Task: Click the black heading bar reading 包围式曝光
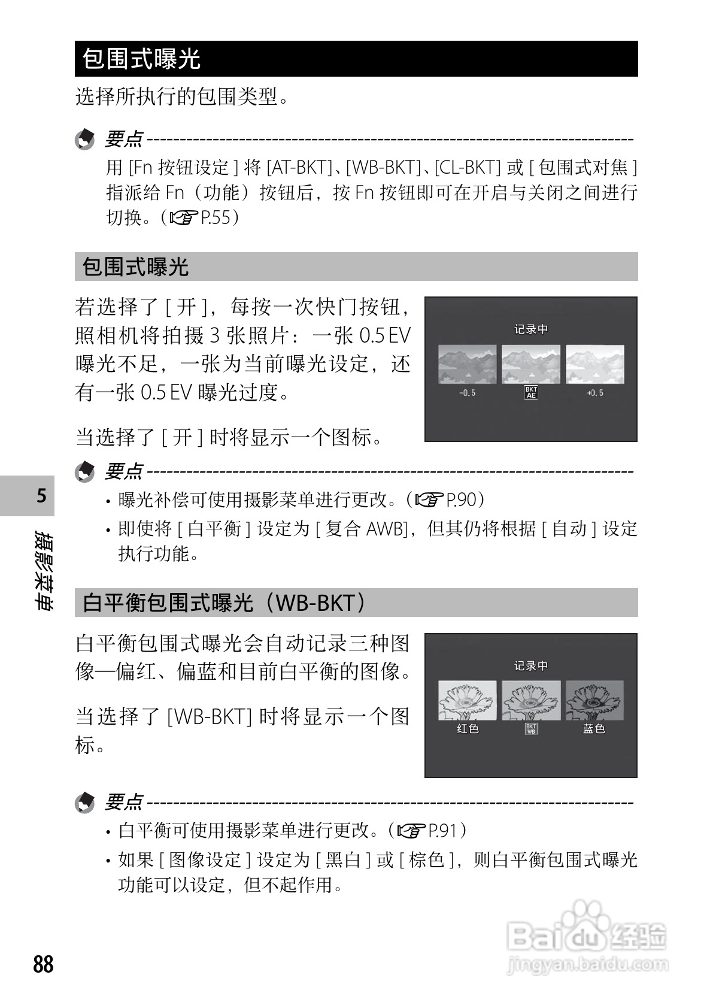pyautogui.click(x=356, y=59)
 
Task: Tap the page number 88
pyautogui.click(x=44, y=964)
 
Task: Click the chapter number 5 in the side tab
pyautogui.click(x=41, y=496)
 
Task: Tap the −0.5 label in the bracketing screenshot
pyautogui.click(x=467, y=393)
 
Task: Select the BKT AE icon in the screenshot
pyautogui.click(x=530, y=393)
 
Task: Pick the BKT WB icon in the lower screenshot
pyautogui.click(x=530, y=729)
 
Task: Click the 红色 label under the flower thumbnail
pyautogui.click(x=468, y=729)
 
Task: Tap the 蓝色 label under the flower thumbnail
pyautogui.click(x=594, y=729)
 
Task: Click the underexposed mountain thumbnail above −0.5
pyautogui.click(x=467, y=364)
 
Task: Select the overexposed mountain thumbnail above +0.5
pyautogui.click(x=594, y=364)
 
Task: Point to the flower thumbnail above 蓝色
pyautogui.click(x=594, y=700)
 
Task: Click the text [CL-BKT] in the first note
pyautogui.click(x=467, y=167)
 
